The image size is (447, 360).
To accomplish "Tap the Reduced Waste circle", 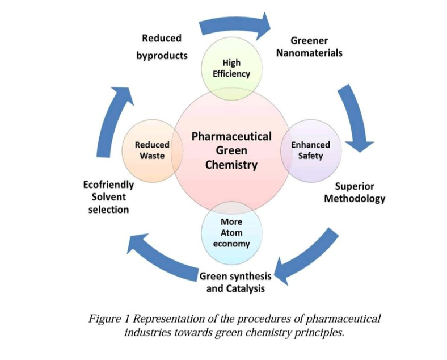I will [151, 150].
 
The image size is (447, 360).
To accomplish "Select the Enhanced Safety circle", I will [310, 150].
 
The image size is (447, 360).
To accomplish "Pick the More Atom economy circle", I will [231, 232].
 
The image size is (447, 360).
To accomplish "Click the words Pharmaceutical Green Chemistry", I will [231, 150].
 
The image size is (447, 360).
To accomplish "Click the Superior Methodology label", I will [355, 192].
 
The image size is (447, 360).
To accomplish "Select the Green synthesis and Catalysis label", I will [235, 282].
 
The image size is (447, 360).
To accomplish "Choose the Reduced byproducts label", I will [162, 47].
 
